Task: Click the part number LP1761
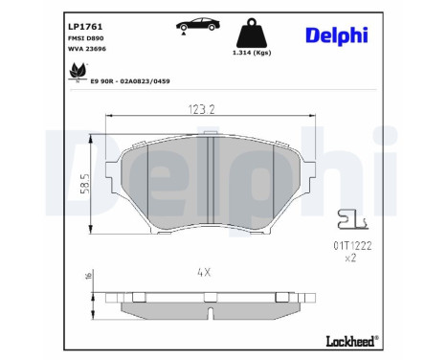click(85, 27)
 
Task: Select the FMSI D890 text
click(86, 38)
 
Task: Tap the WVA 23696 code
click(87, 49)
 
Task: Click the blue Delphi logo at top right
click(337, 34)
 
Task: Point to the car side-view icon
click(198, 25)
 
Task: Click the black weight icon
click(252, 33)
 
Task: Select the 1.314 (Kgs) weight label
click(252, 53)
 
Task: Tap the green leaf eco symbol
click(78, 72)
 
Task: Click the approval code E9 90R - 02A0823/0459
click(130, 81)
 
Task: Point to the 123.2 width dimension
click(202, 109)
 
